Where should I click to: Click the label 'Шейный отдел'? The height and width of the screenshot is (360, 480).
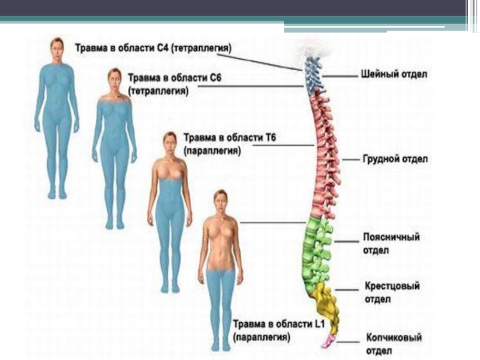point(394,75)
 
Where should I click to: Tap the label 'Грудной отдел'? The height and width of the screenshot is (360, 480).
point(394,160)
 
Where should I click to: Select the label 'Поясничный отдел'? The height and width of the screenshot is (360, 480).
point(391,243)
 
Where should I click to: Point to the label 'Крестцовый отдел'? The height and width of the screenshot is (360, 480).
point(392,292)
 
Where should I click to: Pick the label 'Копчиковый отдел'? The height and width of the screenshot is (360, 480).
point(394,343)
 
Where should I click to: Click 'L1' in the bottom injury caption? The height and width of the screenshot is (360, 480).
point(323,325)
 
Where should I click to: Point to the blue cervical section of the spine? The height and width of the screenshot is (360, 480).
point(312,75)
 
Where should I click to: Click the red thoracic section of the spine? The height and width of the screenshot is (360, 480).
point(324,156)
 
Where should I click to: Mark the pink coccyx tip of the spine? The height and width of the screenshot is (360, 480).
point(328,342)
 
